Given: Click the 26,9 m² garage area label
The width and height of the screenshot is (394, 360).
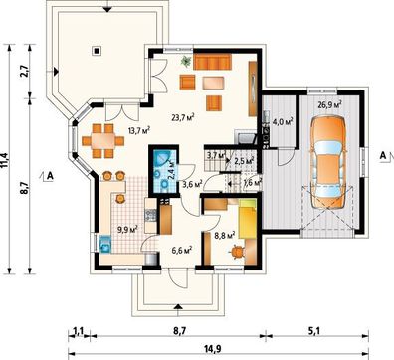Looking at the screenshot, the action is click(330, 105).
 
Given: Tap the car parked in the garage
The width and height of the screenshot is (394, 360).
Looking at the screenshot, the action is click(328, 162).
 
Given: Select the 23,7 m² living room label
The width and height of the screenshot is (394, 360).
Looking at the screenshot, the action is click(183, 117).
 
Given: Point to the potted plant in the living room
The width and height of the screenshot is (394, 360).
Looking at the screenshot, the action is click(186, 61).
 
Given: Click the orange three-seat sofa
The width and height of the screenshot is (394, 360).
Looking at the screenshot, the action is click(212, 62).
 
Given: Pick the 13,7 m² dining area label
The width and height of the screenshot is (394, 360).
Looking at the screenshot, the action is click(139, 129).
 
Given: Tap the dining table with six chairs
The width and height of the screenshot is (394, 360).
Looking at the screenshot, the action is click(102, 140).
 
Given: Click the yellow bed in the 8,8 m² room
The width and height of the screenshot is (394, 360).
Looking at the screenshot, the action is click(247, 219).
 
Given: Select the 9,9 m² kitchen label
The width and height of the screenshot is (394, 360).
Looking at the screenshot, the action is click(127, 228).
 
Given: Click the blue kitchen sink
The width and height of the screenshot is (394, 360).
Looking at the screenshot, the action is click(105, 244).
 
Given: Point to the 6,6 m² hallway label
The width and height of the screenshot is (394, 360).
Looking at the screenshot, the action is click(182, 250).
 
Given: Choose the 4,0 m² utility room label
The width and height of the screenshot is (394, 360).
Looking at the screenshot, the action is click(282, 121).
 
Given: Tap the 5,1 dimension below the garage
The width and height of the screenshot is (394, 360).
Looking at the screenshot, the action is click(315, 330).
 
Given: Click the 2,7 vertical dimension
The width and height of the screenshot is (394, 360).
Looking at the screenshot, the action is click(25, 71).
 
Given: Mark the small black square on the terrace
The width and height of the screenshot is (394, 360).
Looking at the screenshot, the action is click(97, 51).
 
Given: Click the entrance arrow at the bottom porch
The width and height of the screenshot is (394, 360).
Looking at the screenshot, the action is click(178, 306).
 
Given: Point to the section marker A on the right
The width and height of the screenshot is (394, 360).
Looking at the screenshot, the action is click(383, 155).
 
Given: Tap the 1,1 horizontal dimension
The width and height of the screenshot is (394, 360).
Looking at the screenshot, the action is click(78, 330).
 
